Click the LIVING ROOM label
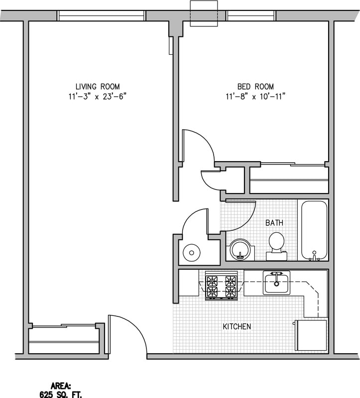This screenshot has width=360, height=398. pyautogui.click(x=98, y=86)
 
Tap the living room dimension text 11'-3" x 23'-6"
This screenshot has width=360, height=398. pyautogui.click(x=98, y=96)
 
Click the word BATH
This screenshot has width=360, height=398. pyautogui.click(x=274, y=223)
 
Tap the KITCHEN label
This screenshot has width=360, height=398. pyautogui.click(x=237, y=327)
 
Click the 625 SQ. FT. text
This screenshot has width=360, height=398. pyautogui.click(x=61, y=393)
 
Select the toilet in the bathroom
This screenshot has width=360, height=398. pyautogui.click(x=276, y=245)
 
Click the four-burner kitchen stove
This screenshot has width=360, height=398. pyautogui.click(x=222, y=287)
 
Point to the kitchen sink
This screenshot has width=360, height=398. pyautogui.click(x=276, y=282)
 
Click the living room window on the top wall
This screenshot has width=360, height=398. pyautogui.click(x=101, y=15)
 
